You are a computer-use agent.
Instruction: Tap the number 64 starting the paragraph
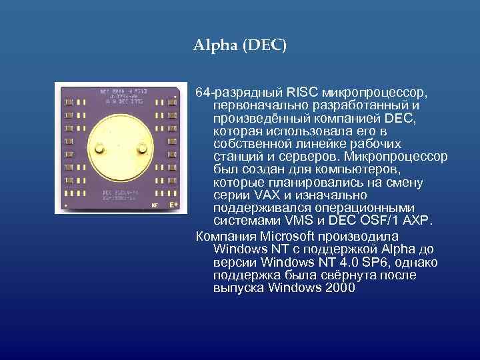[203, 91]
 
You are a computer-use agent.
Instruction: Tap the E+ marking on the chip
[173, 205]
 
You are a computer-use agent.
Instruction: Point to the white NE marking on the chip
[155, 206]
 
